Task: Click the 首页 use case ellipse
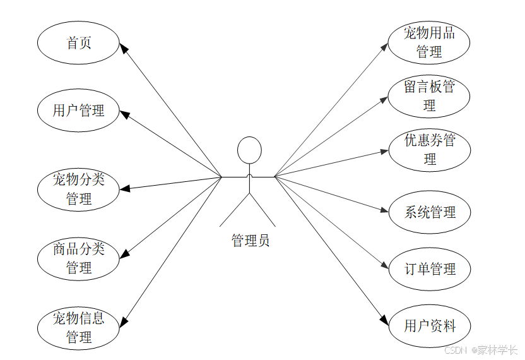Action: [x=78, y=43]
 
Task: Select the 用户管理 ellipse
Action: [x=78, y=111]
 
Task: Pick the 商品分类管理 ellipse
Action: [x=78, y=258]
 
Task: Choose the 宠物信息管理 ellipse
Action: [x=78, y=328]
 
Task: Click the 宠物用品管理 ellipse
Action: [x=430, y=42]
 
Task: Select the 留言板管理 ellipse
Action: [x=430, y=96]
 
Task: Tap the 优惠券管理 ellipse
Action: [x=430, y=150]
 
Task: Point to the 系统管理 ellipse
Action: [x=430, y=212]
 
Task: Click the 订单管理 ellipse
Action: [x=430, y=270]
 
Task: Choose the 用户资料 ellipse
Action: [x=430, y=326]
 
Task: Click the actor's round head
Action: [x=249, y=150]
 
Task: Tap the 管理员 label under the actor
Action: [x=251, y=241]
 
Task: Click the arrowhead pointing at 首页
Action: [x=124, y=48]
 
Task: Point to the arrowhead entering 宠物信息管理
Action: [x=124, y=321]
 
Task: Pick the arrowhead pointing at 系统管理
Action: [x=384, y=211]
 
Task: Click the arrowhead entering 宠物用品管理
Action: [x=386, y=45]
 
